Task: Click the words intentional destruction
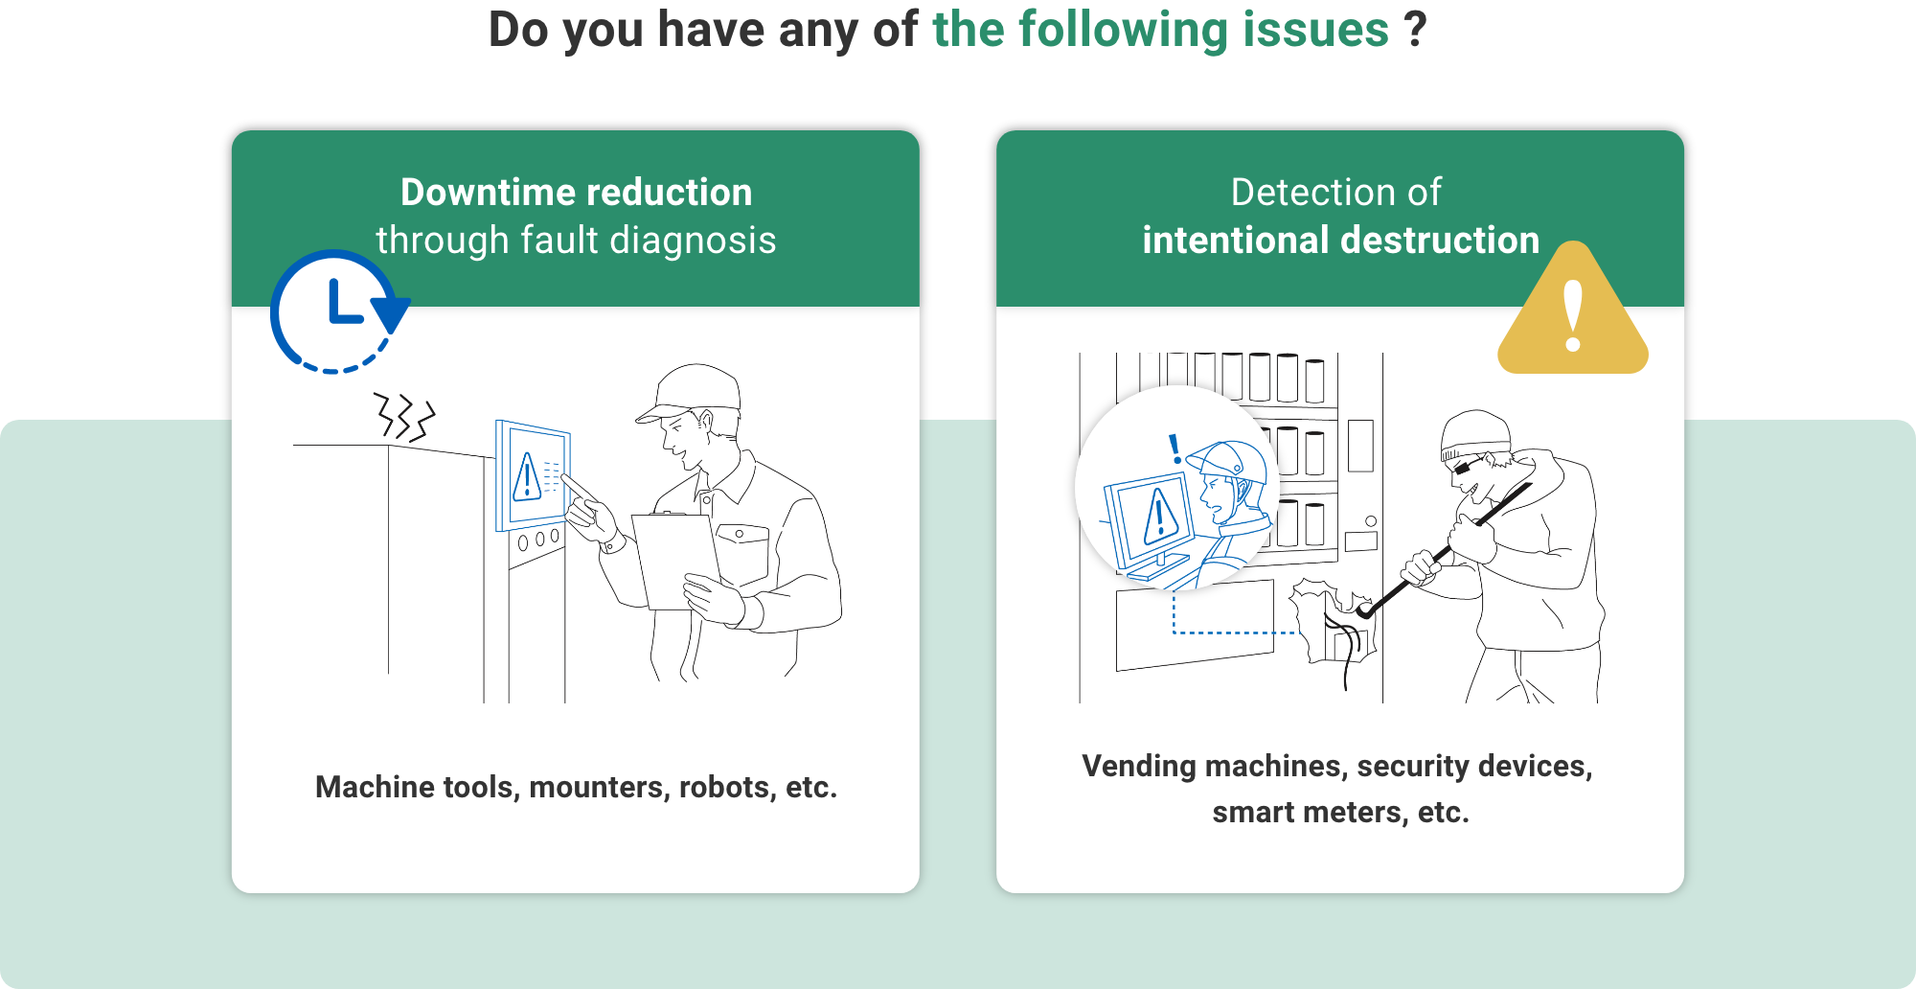click(x=1340, y=241)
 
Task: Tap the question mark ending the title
click(x=1415, y=30)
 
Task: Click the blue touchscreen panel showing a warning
click(x=533, y=475)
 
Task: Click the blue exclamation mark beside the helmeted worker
click(x=1175, y=448)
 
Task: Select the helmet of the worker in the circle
click(x=1234, y=462)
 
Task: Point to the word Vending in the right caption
click(x=1138, y=767)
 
